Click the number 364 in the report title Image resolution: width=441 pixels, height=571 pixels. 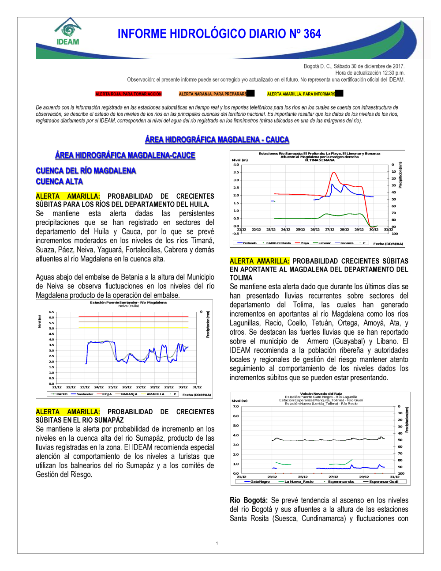tap(312, 34)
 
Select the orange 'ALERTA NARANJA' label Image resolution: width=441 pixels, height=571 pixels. tap(213, 94)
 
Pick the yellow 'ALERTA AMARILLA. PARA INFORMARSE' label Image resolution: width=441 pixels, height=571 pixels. tap(301, 94)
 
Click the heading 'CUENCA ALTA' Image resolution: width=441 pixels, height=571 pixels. tap(59, 182)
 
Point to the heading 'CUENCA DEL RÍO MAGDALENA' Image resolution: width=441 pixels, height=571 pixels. tap(86, 171)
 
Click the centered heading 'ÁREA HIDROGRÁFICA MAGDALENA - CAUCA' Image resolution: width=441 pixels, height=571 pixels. tap(217, 140)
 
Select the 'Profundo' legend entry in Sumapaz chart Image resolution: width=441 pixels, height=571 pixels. tap(249, 243)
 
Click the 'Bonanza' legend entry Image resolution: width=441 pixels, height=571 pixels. tap(347, 243)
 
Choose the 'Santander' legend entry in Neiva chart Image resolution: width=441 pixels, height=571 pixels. tap(84, 394)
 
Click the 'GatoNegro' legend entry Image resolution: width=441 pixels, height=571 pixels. tap(260, 481)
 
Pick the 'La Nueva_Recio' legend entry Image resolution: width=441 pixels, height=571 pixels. tap(299, 481)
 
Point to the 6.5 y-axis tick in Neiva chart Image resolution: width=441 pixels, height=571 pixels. tap(52, 312)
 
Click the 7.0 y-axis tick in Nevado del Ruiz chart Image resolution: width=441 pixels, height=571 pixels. tap(236, 406)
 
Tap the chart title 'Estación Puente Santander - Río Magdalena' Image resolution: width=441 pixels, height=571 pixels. tap(128, 303)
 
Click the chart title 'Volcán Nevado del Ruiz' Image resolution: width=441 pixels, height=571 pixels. tap(321, 393)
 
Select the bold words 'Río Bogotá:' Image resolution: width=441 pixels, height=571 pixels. tap(248, 500)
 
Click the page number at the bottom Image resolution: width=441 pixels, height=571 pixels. tap(217, 543)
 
